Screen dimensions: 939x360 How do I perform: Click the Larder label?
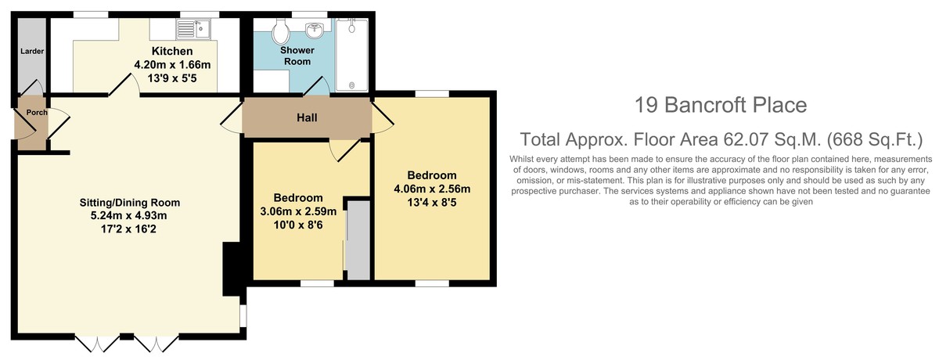[32, 51]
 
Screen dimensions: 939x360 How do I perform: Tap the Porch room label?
[37, 113]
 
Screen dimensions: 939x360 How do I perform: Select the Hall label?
[307, 117]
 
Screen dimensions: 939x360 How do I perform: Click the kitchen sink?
[193, 29]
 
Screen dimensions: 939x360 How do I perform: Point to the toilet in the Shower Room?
[279, 31]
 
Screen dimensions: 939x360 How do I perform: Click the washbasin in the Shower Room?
[315, 29]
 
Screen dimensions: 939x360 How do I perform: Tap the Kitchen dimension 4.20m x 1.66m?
[172, 65]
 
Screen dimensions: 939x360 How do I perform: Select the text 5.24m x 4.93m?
[129, 216]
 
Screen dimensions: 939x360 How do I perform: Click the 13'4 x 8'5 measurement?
[432, 203]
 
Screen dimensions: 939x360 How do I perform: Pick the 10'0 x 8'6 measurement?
[298, 225]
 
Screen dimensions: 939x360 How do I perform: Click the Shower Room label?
[297, 56]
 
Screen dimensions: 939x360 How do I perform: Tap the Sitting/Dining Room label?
[130, 203]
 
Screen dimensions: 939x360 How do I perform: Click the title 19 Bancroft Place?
[721, 105]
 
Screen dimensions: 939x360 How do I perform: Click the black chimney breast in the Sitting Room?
[231, 269]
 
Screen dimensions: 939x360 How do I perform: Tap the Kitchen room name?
[172, 51]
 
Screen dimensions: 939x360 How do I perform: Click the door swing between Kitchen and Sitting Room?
[124, 85]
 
